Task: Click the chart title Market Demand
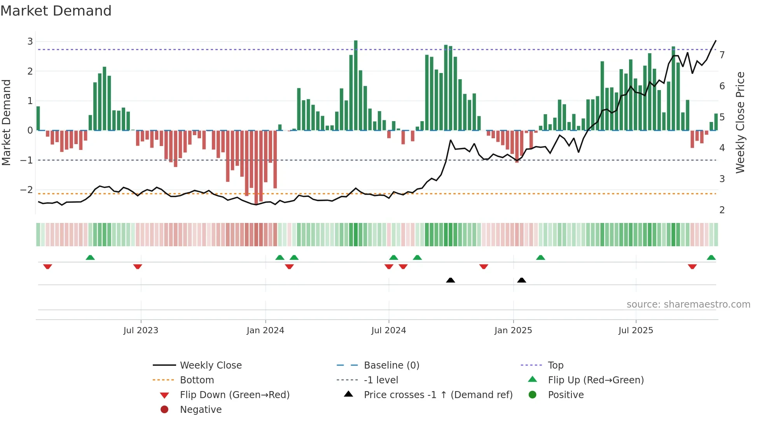coord(56,11)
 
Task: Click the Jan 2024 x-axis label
coord(265,331)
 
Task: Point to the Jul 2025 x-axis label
coord(636,331)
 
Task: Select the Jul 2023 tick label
coord(141,331)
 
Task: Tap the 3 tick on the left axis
coord(30,42)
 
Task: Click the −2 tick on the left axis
coord(27,190)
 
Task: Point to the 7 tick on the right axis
coord(722,55)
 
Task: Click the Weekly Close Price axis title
coord(740,122)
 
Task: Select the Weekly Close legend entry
coord(210,365)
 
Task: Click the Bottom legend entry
coord(197,380)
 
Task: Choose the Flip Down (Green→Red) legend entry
coord(234,395)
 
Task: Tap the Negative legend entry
coord(201,410)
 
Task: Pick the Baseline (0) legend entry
coord(391,365)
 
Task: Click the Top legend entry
coord(555,365)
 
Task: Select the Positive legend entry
coord(565,395)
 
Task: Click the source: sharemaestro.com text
coord(688,304)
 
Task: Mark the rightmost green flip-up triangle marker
coord(711,257)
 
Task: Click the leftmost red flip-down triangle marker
coord(47,266)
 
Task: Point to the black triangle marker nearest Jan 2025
coord(522,280)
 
